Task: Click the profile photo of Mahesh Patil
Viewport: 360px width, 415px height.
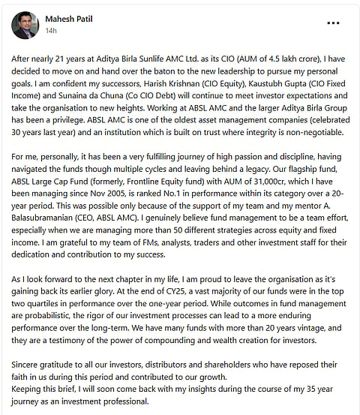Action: (x=25, y=25)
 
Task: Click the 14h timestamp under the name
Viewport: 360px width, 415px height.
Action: (x=51, y=31)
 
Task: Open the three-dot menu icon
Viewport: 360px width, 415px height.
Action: (x=334, y=23)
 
